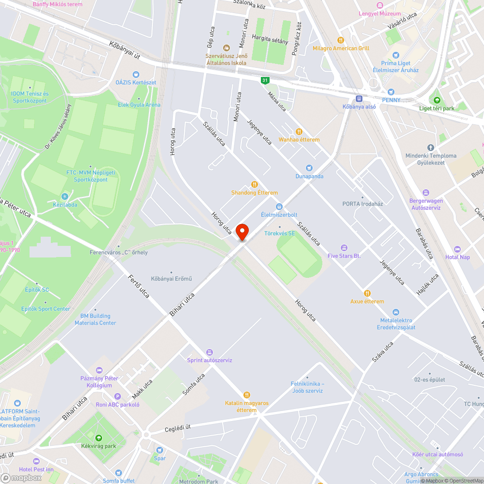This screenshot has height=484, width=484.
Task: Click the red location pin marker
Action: point(242,231)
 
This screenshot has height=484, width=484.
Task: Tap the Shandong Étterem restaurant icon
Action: point(254,184)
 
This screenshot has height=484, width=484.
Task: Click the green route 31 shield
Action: point(265,80)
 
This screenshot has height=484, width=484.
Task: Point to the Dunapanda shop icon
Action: point(310,168)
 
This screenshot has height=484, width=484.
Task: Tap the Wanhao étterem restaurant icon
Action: point(299,131)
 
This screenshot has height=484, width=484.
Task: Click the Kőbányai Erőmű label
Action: point(171,278)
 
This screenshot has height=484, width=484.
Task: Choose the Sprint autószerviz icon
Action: point(210,352)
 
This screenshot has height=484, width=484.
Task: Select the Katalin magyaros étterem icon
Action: point(247,395)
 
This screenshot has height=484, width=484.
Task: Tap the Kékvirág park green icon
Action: point(99,438)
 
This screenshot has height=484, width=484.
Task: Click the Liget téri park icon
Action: point(437,100)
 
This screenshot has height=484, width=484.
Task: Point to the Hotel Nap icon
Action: point(457,249)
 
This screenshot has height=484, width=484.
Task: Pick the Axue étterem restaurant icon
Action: point(367,293)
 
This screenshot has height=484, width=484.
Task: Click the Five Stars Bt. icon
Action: point(344,248)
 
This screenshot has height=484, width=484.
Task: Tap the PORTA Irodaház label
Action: point(363,204)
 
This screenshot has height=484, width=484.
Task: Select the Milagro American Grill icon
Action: point(341,40)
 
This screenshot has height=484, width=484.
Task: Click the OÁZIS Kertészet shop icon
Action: point(136,74)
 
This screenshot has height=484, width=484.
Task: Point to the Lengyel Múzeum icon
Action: point(380,5)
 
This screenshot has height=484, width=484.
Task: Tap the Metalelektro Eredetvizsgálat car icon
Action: point(396,312)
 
